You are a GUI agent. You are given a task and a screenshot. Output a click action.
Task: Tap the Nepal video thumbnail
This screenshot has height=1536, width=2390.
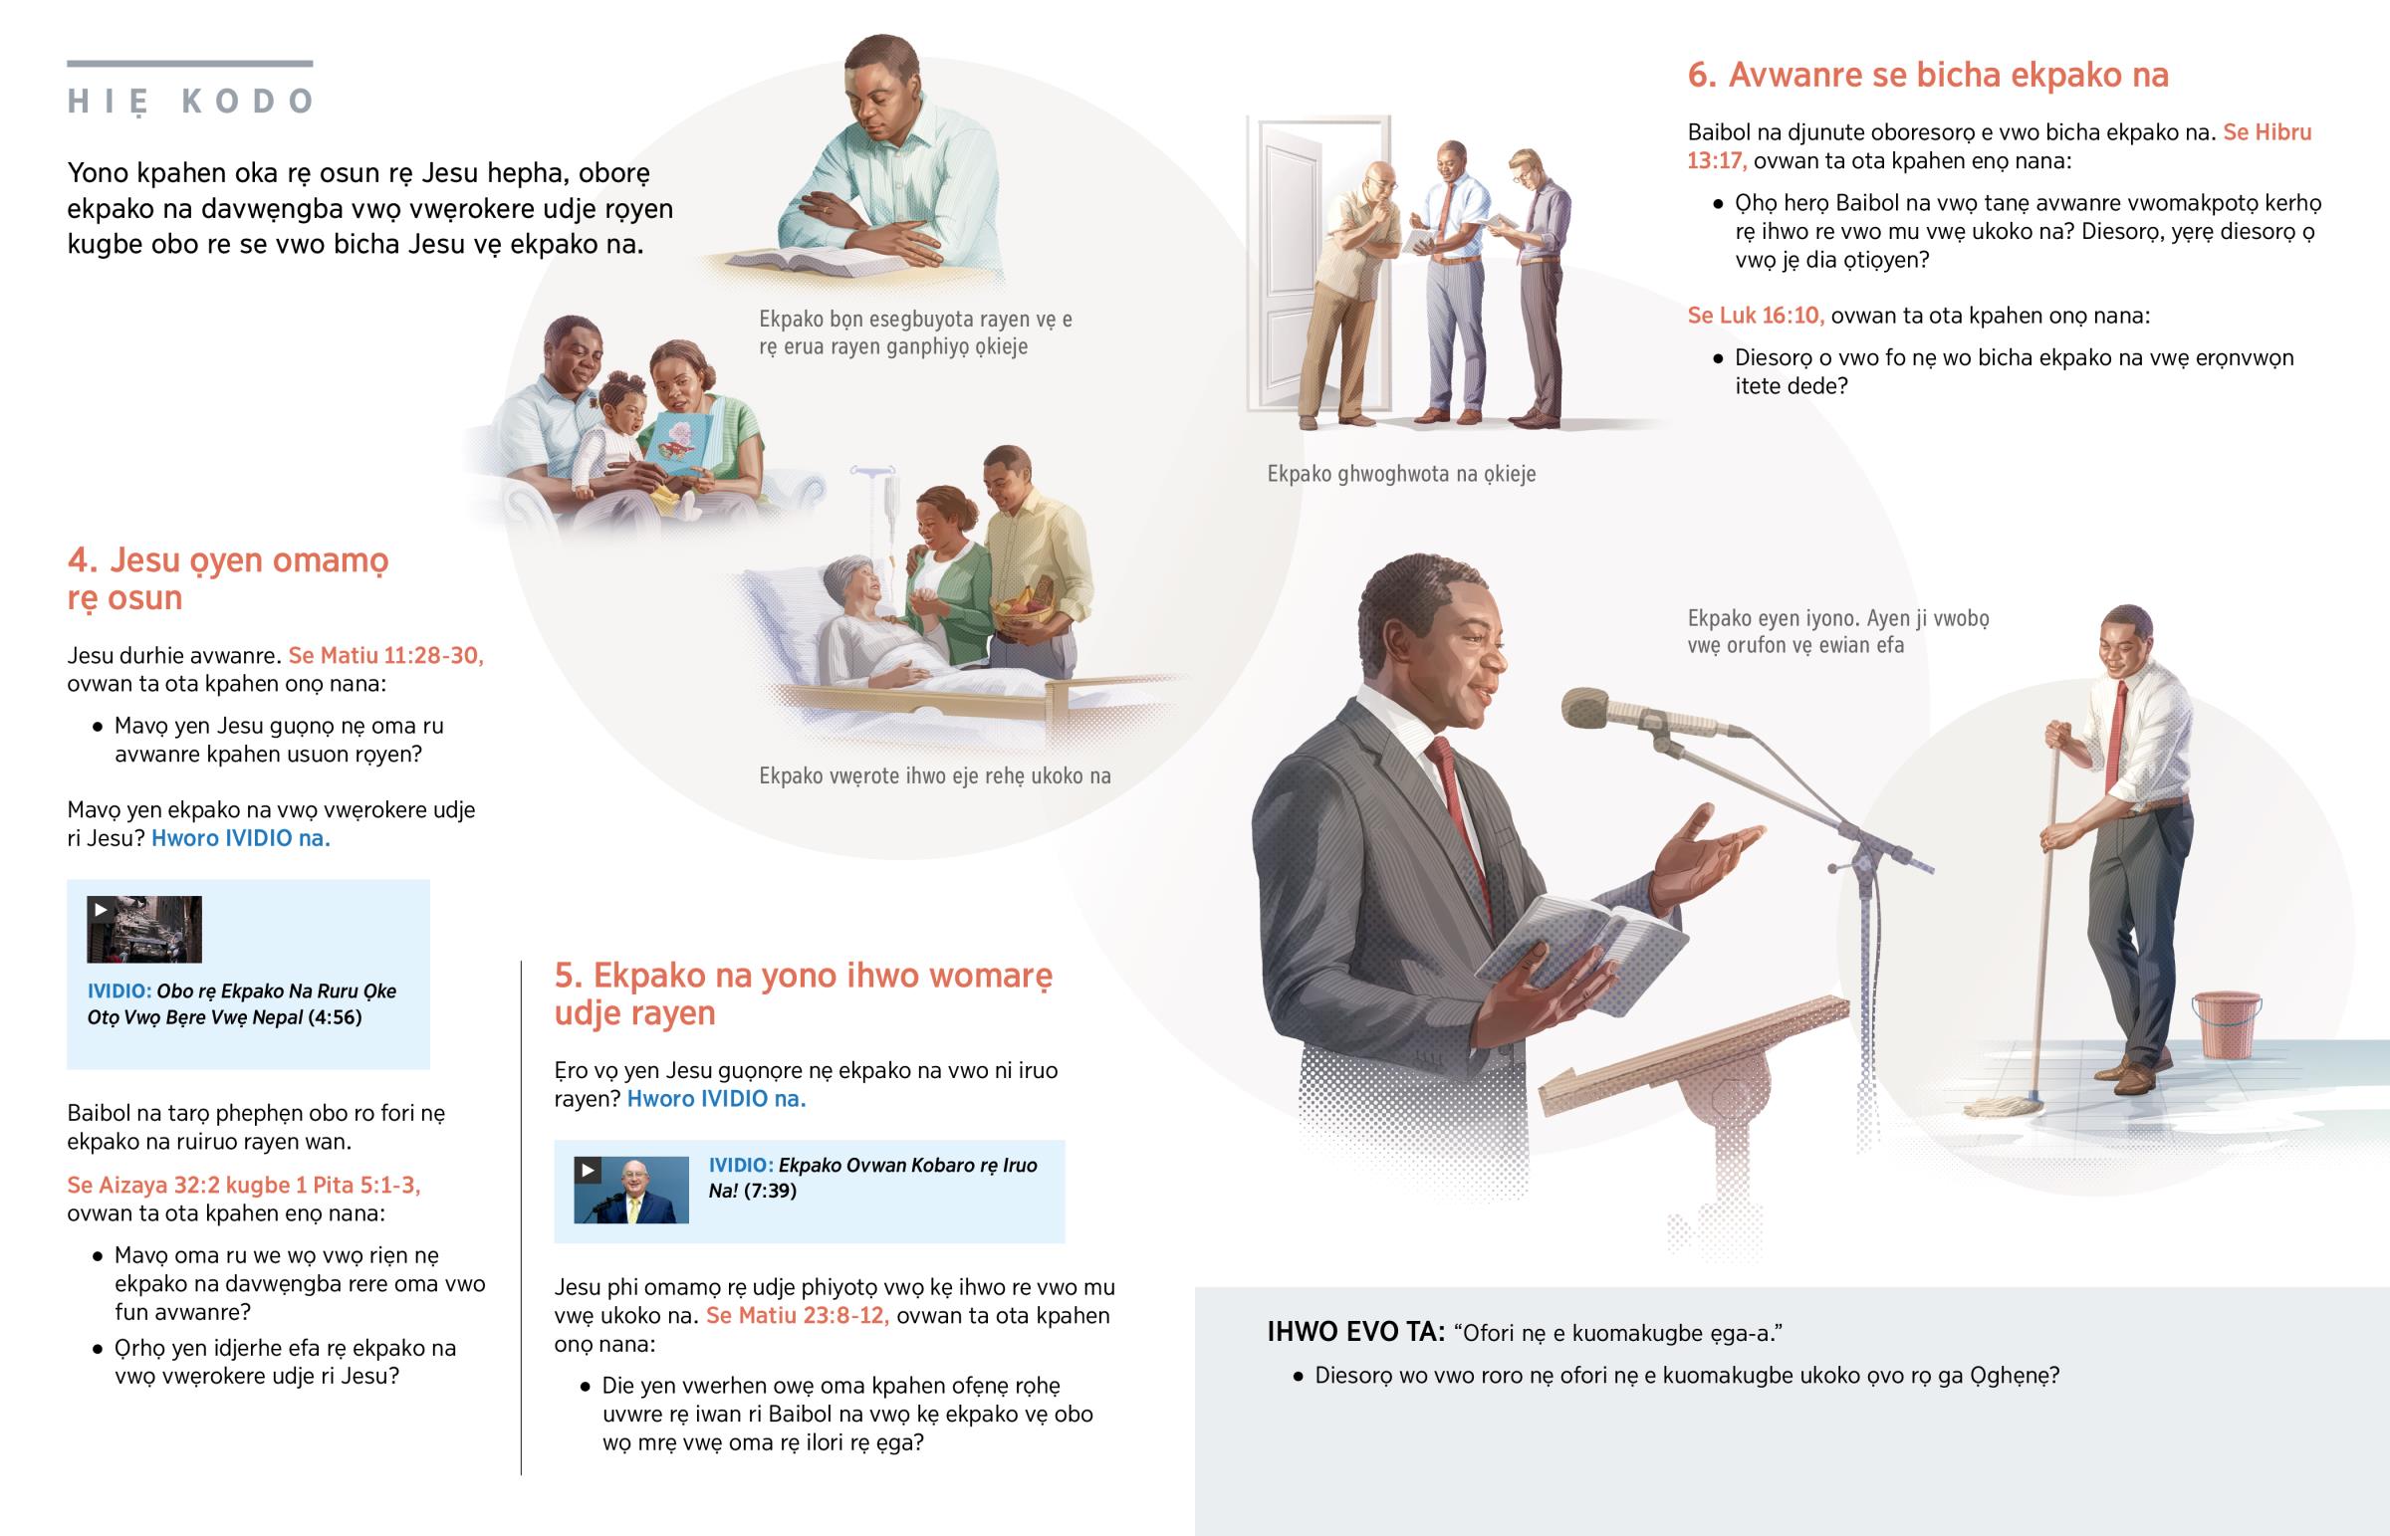(144, 929)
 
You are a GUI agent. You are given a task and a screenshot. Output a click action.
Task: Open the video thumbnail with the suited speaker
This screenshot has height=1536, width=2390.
(631, 1190)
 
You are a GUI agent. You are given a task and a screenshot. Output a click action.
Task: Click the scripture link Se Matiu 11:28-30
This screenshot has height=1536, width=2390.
(386, 655)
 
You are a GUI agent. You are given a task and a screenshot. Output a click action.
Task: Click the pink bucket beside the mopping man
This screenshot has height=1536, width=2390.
(2226, 1023)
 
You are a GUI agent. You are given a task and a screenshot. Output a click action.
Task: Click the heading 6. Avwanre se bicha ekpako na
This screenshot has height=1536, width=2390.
(1928, 75)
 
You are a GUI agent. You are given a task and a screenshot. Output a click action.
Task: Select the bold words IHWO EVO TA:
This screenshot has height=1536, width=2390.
(1355, 1332)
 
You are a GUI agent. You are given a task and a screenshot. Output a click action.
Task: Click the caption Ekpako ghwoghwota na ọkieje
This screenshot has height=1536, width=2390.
(1401, 474)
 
